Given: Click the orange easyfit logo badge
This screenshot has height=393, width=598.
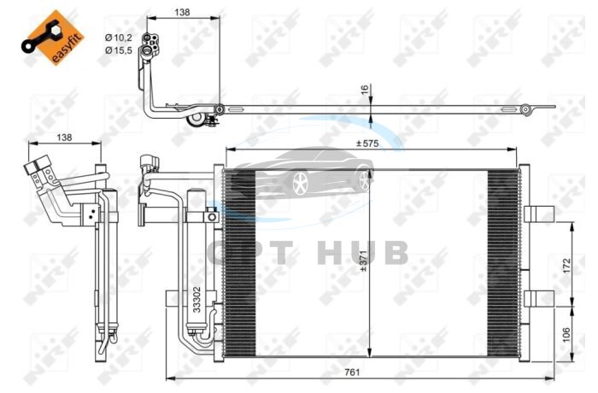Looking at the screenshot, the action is coord(53,38).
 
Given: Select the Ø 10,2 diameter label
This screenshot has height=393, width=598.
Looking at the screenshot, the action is coord(119,38).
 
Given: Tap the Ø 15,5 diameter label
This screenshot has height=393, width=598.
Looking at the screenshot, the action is coord(119,50).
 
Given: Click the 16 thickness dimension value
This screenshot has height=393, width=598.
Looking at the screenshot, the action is coord(365,90).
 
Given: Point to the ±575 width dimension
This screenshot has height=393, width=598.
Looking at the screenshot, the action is coord(367,144).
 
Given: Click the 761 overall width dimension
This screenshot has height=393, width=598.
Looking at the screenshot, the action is coord(352,372).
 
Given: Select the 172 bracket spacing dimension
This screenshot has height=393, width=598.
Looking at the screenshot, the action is coord(566,265).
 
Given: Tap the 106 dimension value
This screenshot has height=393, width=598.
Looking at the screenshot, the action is coord(566,335).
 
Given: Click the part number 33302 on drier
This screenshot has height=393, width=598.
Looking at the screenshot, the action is coord(196,300).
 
